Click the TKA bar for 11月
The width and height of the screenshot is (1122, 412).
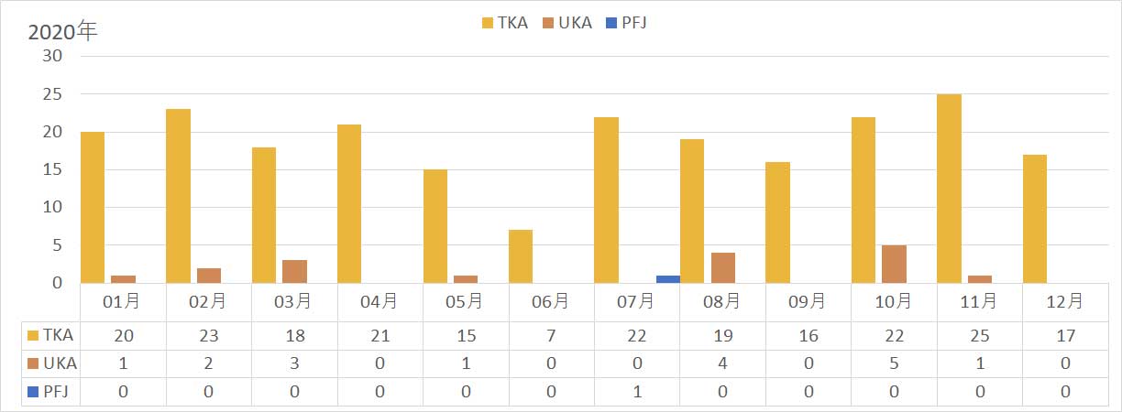(x=949, y=189)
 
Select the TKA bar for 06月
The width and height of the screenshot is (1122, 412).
(x=520, y=256)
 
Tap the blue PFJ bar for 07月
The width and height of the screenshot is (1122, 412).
(x=668, y=279)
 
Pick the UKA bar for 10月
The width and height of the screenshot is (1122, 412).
(x=894, y=264)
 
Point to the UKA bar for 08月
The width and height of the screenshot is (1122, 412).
(x=723, y=267)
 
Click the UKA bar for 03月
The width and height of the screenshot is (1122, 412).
(x=294, y=271)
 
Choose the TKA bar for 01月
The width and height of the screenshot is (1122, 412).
(x=93, y=207)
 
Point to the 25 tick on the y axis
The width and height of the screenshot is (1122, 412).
(x=52, y=94)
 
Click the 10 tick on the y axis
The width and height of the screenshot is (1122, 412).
(x=52, y=207)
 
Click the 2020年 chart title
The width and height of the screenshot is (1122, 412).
(x=62, y=32)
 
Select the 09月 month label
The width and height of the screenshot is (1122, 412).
(x=808, y=301)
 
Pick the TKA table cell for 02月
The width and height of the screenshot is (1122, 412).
(x=209, y=336)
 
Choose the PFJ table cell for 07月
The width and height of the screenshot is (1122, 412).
(x=636, y=392)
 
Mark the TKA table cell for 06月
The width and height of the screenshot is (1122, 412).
(x=551, y=336)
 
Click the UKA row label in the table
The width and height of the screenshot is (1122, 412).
(x=53, y=363)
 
